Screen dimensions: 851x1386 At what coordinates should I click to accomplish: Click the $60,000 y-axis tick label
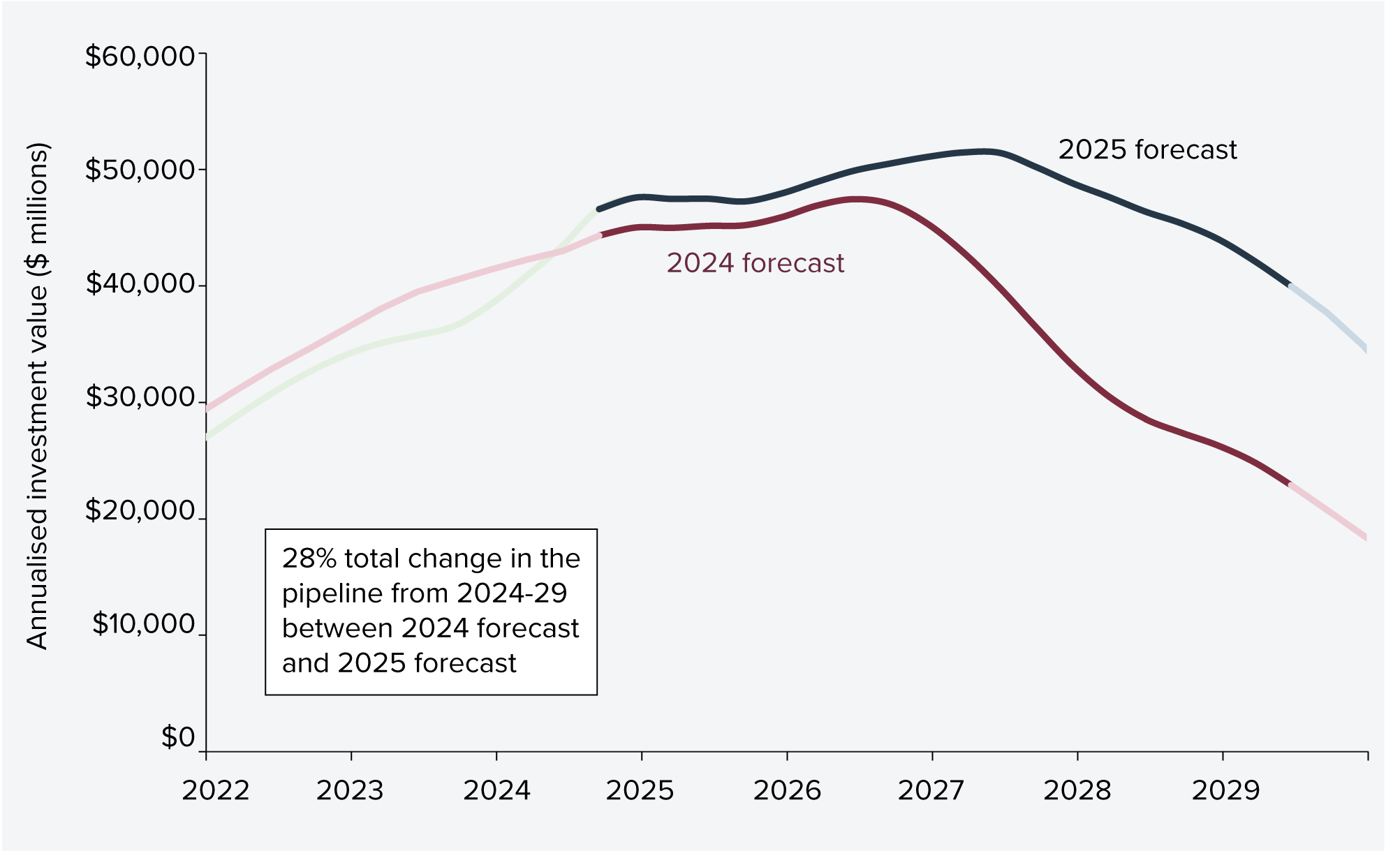[140, 56]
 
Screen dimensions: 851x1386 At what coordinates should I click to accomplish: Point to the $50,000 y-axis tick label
[140, 170]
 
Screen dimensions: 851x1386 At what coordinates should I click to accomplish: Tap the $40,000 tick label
[140, 283]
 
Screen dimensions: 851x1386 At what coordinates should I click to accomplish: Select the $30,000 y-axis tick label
[140, 397]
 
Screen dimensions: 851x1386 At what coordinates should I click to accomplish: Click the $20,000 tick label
[140, 511]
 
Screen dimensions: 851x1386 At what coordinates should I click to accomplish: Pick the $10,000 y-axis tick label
[143, 624]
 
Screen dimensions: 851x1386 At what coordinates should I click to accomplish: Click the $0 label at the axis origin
[178, 737]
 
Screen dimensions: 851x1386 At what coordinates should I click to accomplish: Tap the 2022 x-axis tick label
[215, 790]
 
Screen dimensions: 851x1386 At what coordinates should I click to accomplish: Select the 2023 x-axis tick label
[350, 790]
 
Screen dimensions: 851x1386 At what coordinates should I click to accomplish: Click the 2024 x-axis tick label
[496, 790]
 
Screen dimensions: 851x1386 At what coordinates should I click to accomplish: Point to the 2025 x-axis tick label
[640, 790]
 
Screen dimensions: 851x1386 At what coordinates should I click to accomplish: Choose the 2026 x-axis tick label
[787, 790]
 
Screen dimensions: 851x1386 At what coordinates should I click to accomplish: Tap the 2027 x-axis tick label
[931, 790]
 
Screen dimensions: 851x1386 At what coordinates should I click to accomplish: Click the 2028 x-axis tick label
[1077, 790]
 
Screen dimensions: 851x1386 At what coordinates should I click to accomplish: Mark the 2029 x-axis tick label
[1225, 790]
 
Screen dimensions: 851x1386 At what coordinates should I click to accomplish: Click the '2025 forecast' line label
[1147, 150]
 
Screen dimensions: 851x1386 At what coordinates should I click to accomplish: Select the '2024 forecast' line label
[755, 263]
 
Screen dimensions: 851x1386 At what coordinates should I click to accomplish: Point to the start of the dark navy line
[599, 209]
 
